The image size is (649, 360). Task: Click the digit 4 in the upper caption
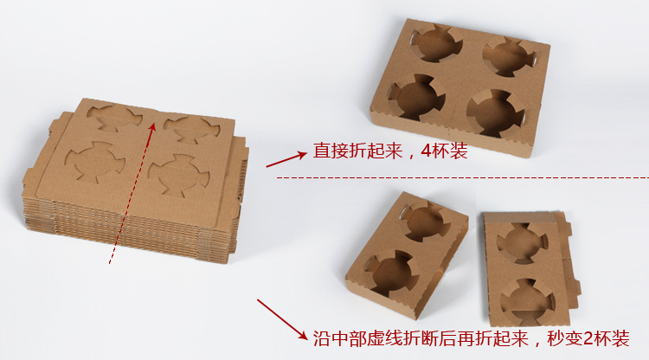click(x=427, y=151)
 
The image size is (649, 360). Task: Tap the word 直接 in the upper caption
click(x=331, y=151)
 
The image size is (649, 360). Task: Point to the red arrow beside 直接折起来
click(x=286, y=159)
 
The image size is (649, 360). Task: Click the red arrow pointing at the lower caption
click(x=283, y=319)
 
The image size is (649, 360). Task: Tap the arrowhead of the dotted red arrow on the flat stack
click(x=152, y=126)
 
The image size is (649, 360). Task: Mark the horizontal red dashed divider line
click(x=462, y=178)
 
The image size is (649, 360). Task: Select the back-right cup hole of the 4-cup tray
click(x=508, y=57)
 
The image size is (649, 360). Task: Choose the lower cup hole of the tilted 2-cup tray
click(x=391, y=273)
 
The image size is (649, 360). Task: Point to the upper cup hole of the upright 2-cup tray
click(x=523, y=243)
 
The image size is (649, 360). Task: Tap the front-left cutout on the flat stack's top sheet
click(x=95, y=163)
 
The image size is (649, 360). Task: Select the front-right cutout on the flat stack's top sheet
click(x=179, y=175)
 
